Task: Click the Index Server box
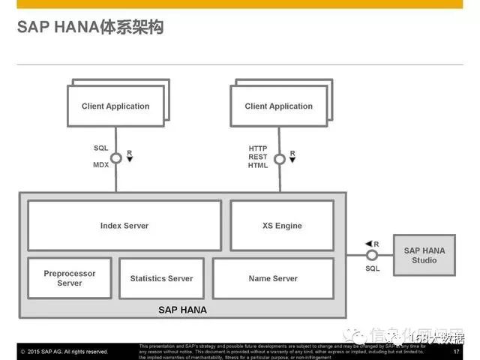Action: click(x=124, y=225)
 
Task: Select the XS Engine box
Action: click(x=282, y=225)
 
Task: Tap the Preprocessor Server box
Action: click(x=70, y=278)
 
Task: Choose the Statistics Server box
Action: click(x=161, y=278)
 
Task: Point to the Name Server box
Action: click(x=273, y=278)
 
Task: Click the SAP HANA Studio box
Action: click(x=424, y=255)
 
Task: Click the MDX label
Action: click(x=101, y=165)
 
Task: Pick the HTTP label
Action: click(x=258, y=148)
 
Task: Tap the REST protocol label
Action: click(x=258, y=157)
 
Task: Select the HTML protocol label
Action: click(x=258, y=165)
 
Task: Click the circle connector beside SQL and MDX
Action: click(x=116, y=158)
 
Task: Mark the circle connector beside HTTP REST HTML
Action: click(x=280, y=158)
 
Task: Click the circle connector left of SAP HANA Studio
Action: click(x=372, y=255)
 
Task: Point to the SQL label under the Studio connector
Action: click(x=373, y=268)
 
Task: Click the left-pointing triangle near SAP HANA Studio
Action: click(x=368, y=244)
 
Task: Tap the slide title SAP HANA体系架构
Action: click(x=90, y=28)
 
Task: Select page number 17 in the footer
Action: click(x=457, y=351)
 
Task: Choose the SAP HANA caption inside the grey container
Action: click(x=182, y=309)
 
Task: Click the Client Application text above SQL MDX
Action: click(x=115, y=106)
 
